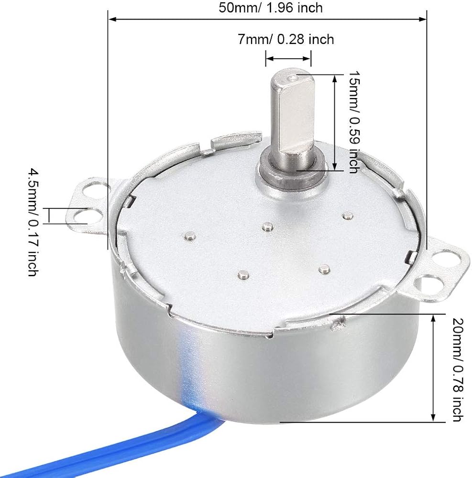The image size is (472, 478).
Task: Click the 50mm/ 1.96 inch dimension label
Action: (x=271, y=8)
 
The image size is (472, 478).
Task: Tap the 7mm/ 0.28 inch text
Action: (x=286, y=39)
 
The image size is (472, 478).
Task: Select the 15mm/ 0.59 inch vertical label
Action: (x=354, y=122)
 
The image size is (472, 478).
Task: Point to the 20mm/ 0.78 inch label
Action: (x=458, y=370)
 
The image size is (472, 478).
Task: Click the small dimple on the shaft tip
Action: (x=293, y=78)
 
